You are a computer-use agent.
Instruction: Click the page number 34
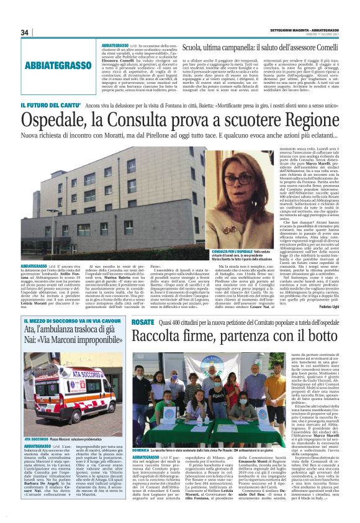pyautogui.click(x=25, y=32)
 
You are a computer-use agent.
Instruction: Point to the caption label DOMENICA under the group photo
pyautogui.click(x=140, y=448)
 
